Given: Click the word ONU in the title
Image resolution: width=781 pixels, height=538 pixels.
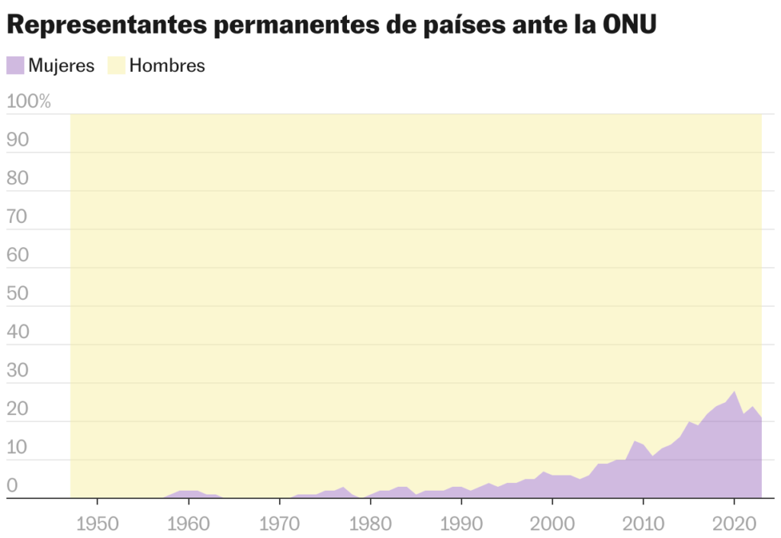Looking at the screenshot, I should click(x=629, y=24).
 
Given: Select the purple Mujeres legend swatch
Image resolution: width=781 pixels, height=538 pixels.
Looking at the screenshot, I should click(x=15, y=66).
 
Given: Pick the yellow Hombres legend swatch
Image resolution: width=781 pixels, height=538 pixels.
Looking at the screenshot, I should click(x=116, y=66).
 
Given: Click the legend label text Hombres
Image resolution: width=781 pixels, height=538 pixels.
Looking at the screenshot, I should click(x=167, y=66).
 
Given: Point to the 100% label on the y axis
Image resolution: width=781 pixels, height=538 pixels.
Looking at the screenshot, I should click(x=29, y=101).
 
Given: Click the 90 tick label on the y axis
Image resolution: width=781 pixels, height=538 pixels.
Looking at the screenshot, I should click(x=18, y=140).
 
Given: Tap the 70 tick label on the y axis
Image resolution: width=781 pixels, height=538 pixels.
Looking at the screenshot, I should click(x=18, y=217).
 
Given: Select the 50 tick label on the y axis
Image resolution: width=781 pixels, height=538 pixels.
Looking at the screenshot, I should click(x=18, y=294).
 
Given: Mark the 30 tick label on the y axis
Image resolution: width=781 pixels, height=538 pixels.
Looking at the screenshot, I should click(x=18, y=371).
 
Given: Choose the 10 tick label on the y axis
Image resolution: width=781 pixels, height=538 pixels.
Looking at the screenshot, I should click(x=18, y=448).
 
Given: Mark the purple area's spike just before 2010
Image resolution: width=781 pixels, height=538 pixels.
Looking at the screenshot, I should click(x=635, y=442).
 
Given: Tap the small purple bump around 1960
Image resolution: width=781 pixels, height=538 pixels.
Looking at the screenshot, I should click(x=188, y=492).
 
